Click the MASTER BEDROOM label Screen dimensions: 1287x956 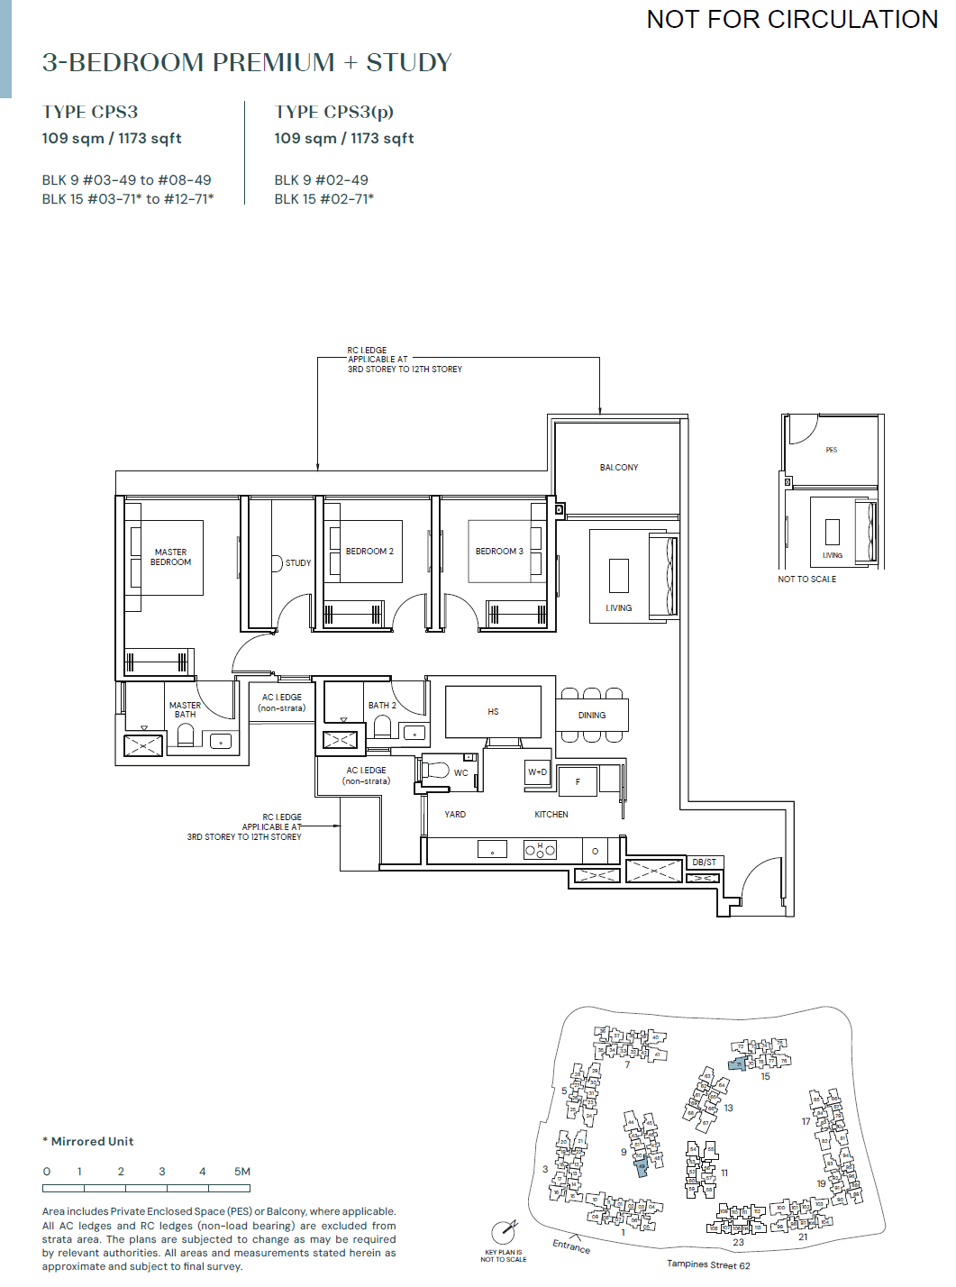click(x=170, y=557)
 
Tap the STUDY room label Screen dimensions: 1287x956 click(x=297, y=563)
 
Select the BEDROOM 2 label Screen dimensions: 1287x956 click(x=369, y=552)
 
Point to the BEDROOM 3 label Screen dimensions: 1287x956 click(x=499, y=552)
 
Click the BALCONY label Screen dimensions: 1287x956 click(x=619, y=468)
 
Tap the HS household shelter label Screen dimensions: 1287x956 click(x=493, y=712)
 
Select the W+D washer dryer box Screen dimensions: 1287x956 click(x=537, y=772)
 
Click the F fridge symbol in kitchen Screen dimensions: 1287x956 click(x=578, y=782)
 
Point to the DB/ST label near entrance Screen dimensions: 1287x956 click(x=704, y=863)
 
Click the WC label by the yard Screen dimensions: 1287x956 click(x=460, y=773)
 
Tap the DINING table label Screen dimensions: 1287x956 click(x=592, y=716)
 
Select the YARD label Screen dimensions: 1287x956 click(x=455, y=815)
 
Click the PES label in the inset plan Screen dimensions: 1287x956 click(x=831, y=450)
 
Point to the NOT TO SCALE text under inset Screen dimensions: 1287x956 click(x=806, y=580)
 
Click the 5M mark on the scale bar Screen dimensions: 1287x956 click(x=242, y=1172)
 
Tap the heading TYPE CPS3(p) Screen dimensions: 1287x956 click(x=333, y=112)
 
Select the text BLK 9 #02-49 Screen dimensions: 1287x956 click(x=321, y=180)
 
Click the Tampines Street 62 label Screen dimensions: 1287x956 click(x=708, y=1265)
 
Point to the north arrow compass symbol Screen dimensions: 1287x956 click(x=505, y=1232)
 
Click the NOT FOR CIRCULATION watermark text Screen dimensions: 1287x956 click(x=792, y=19)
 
